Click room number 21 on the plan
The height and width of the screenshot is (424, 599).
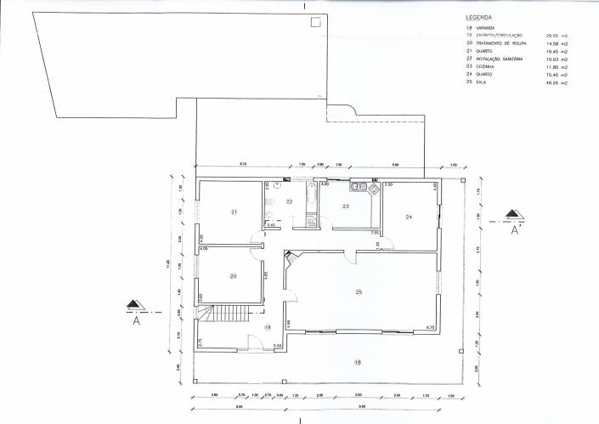[x=233, y=212]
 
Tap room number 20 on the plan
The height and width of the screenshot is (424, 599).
[x=232, y=275]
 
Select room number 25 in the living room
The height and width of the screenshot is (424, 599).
[x=359, y=292]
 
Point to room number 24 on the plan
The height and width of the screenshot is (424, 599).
[x=409, y=218]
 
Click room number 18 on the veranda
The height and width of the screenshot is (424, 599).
[x=358, y=362]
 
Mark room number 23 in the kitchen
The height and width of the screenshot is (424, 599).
[x=346, y=206]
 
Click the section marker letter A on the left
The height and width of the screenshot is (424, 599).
[x=136, y=321]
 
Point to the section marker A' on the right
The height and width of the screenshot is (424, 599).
[x=514, y=229]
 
